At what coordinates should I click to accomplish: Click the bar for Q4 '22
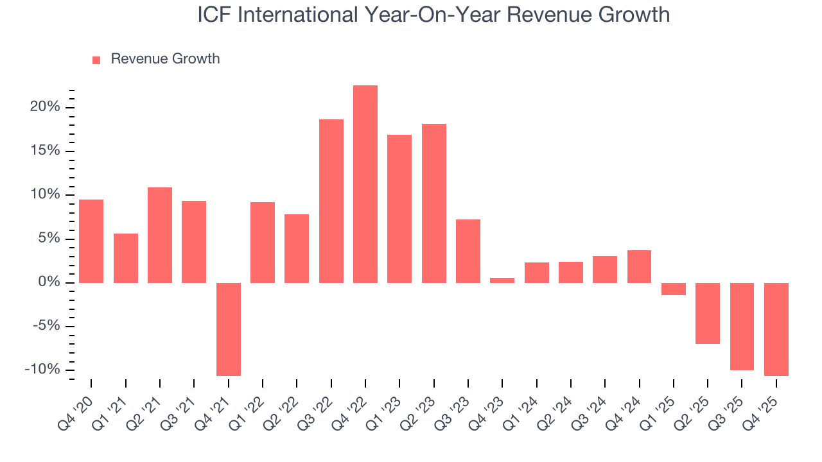tap(365, 184)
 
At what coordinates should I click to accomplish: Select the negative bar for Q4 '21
tap(229, 329)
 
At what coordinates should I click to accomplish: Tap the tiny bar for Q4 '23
tap(502, 280)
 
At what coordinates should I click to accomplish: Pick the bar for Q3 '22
tap(331, 201)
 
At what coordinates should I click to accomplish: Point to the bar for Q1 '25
tap(674, 289)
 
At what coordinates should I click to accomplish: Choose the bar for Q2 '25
tap(708, 313)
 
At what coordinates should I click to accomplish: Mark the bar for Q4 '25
tap(776, 329)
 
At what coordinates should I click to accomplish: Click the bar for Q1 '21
tap(126, 258)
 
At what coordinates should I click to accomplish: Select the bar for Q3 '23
tap(468, 251)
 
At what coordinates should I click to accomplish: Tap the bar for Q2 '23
tap(434, 203)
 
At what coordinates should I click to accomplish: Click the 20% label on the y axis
tap(45, 107)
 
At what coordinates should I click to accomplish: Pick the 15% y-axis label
tap(45, 151)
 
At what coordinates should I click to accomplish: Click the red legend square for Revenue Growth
tap(96, 60)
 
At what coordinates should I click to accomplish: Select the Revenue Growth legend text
tap(165, 59)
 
